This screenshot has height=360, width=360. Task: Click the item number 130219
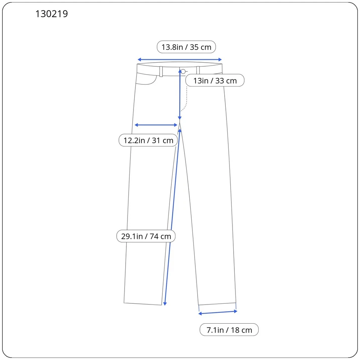click(x=52, y=14)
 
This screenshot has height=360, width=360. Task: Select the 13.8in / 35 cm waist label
click(x=186, y=47)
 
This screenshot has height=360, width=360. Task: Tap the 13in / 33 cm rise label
click(x=215, y=80)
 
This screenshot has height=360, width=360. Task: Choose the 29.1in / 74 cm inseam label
click(x=146, y=236)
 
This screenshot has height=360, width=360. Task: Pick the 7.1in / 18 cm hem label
click(x=229, y=330)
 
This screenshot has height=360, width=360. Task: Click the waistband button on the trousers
click(x=183, y=71)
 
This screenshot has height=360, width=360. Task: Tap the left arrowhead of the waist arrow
click(x=139, y=60)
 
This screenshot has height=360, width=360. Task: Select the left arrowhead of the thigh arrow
click(x=136, y=125)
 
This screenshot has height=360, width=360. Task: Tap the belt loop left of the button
click(x=161, y=71)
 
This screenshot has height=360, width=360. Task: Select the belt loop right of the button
click(x=198, y=70)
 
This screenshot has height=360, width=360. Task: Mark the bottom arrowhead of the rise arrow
click(x=180, y=118)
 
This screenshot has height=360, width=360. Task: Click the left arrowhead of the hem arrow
click(x=200, y=313)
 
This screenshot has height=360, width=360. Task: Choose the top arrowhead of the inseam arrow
click(x=180, y=129)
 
